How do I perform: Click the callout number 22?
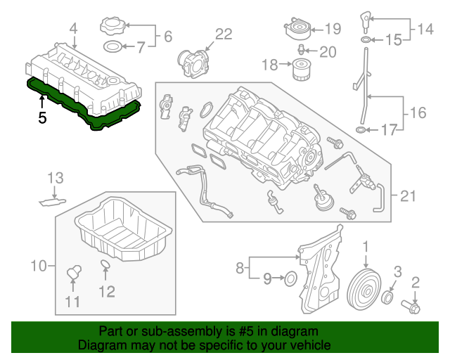tap(222, 34)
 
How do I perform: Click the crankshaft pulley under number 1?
tap(364, 288)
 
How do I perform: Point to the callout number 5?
tap(42, 118)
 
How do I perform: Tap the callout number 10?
tap(39, 266)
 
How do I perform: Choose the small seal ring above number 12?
tap(105, 265)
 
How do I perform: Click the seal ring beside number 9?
tap(290, 280)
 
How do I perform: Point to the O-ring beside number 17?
tap(361, 129)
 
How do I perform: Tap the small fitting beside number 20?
tap(300, 50)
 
